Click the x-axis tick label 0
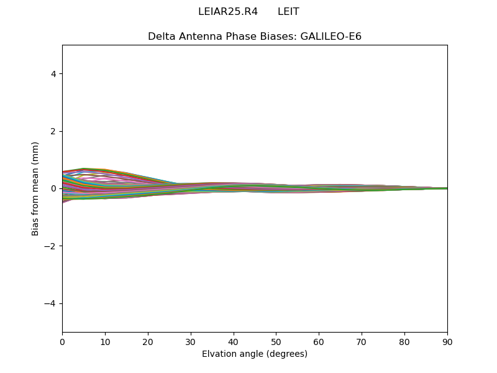point(62,341)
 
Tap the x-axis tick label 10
point(105,341)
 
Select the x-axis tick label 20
point(148,341)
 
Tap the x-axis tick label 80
point(404,341)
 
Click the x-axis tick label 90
point(447,341)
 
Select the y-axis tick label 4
point(53,74)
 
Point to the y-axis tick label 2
point(53,131)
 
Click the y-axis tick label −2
point(51,246)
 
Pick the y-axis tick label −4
point(51,303)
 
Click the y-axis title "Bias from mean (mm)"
point(35,188)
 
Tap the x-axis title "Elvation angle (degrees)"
point(255,354)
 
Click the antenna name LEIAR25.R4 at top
point(228,12)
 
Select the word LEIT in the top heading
point(288,12)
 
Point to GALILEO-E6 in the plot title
point(331,36)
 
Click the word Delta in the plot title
point(161,36)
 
